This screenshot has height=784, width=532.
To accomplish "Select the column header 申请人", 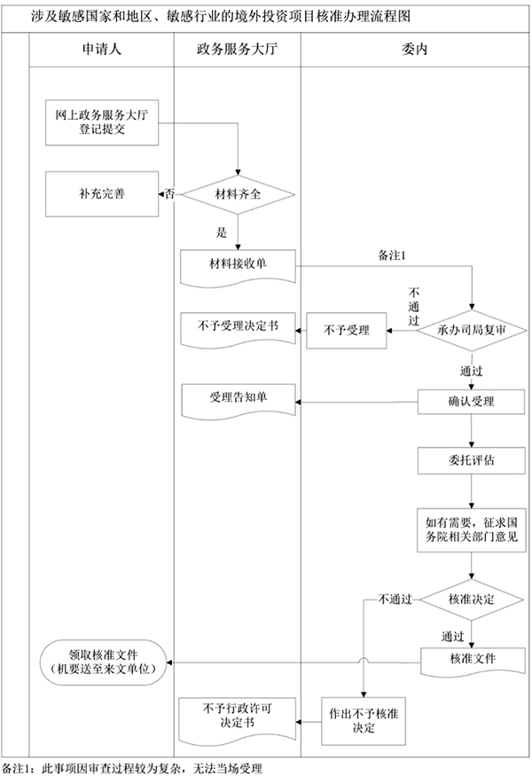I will (101, 51).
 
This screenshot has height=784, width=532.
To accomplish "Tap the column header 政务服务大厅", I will (237, 51).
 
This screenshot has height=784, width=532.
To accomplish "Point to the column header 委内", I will (414, 51).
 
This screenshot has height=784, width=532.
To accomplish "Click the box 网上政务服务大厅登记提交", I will (102, 122).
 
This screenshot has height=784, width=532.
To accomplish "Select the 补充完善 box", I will (102, 194).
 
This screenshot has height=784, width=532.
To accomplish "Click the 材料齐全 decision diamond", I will (237, 194).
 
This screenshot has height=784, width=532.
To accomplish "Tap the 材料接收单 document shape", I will (237, 265).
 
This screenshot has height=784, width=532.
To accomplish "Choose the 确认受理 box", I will (471, 401).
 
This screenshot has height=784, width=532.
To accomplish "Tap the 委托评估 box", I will (471, 460).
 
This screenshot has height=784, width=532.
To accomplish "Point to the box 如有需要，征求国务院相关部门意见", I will (471, 529).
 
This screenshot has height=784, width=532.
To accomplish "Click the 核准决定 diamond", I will (471, 600).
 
